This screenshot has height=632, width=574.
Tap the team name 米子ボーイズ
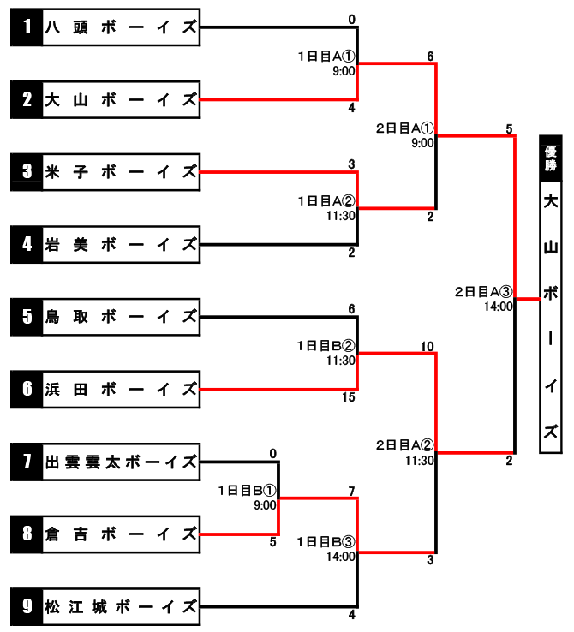(x=121, y=172)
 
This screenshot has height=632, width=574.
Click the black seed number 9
(x=27, y=606)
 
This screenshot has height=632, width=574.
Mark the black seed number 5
(x=27, y=317)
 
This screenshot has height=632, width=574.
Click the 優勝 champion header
(x=551, y=158)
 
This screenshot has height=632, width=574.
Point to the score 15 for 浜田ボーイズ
(x=349, y=397)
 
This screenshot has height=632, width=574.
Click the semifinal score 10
(x=428, y=346)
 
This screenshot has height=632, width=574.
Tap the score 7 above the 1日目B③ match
(x=351, y=492)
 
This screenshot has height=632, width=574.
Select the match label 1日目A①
(x=326, y=56)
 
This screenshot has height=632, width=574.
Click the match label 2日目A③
(x=484, y=291)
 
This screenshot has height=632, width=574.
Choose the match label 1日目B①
(x=247, y=491)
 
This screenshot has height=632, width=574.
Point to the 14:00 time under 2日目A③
(x=499, y=307)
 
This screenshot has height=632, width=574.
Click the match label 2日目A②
(x=405, y=445)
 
